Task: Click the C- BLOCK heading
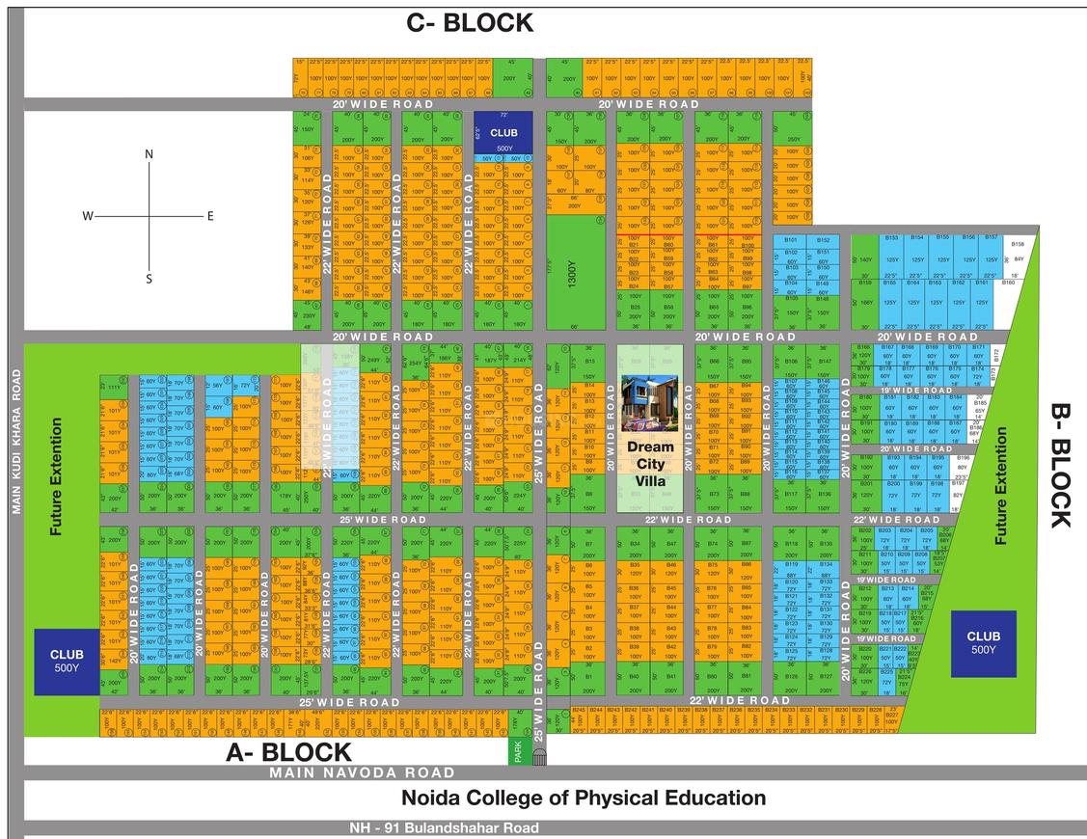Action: point(469,22)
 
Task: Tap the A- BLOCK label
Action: point(288,753)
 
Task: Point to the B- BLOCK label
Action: point(1059,465)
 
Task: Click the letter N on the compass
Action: point(149,154)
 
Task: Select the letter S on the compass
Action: point(149,280)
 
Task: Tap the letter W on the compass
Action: point(87,216)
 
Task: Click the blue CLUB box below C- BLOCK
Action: point(503,133)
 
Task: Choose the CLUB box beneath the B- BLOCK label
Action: point(983,643)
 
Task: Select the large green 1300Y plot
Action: point(576,272)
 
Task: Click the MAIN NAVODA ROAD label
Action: point(362,772)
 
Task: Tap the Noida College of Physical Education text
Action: point(584,798)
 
